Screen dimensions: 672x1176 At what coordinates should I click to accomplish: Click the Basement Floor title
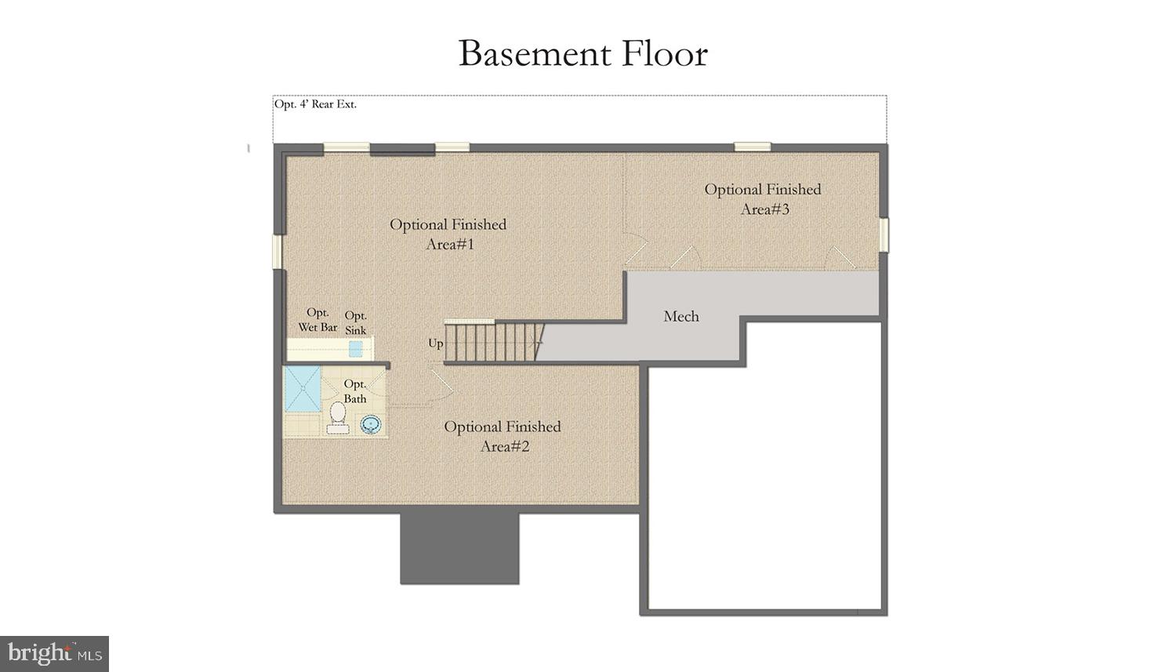583,54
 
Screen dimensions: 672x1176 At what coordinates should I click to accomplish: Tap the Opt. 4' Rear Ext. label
315,104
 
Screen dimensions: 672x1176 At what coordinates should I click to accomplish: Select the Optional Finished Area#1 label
448,234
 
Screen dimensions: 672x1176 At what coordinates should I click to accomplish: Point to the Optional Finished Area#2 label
503,436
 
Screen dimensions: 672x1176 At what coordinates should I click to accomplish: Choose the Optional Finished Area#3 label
763,199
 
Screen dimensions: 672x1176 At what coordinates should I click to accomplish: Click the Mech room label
681,317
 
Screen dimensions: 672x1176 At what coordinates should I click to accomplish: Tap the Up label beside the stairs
436,343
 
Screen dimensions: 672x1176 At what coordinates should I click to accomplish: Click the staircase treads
491,343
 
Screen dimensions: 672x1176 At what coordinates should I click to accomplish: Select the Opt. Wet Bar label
318,320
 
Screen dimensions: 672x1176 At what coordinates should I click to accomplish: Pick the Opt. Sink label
356,323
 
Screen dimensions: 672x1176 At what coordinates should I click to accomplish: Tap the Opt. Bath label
355,391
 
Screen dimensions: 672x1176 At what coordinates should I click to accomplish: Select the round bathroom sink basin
370,424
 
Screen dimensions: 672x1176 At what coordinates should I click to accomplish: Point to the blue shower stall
303,388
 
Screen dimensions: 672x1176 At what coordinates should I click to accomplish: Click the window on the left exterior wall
277,251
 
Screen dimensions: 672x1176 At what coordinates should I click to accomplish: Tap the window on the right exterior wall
884,235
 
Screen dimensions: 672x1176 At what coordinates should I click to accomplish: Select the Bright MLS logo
54,653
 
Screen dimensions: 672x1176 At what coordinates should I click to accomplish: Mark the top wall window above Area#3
752,147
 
